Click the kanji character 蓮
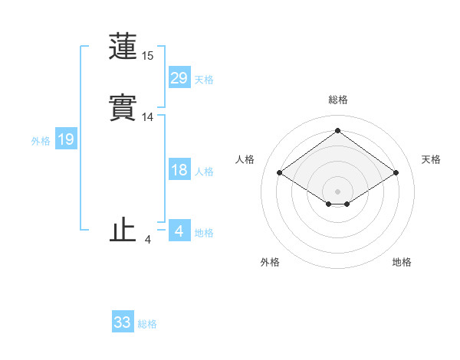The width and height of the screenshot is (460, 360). [x=123, y=47]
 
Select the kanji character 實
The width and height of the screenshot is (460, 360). [x=123, y=109]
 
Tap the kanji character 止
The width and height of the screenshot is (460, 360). [x=123, y=231]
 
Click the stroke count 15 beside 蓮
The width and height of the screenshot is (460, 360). [x=148, y=56]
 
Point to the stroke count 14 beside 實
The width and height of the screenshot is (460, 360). [x=148, y=117]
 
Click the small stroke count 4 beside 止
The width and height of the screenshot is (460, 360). [x=148, y=240]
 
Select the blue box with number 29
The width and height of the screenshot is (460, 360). [x=179, y=78]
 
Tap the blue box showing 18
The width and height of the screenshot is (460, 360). [x=179, y=171]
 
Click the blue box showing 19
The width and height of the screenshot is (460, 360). [x=66, y=140]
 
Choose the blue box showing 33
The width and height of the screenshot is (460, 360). [x=123, y=322]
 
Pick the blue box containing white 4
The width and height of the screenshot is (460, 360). [x=179, y=231]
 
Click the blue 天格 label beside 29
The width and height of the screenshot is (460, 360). [x=204, y=80]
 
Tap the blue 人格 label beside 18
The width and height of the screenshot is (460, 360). [x=204, y=172]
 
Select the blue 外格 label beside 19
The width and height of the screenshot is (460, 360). [x=41, y=141]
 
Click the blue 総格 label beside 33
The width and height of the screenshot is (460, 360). [x=147, y=324]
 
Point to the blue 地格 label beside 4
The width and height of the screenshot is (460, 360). [x=204, y=233]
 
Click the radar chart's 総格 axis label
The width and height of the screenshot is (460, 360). [x=338, y=100]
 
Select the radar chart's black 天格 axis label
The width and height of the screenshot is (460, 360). [x=432, y=159]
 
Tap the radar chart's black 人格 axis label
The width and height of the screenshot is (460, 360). [x=245, y=159]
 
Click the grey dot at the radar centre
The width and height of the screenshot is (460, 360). [x=338, y=191]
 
